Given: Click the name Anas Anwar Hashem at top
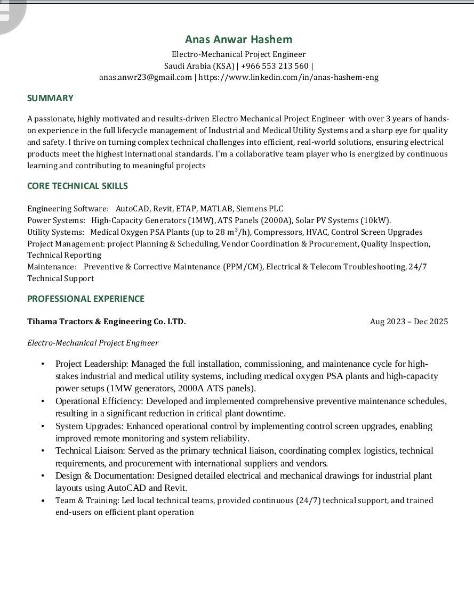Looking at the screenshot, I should click(238, 39).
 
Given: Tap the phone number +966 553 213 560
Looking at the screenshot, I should click(275, 66).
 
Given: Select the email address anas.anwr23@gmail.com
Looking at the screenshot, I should click(146, 77).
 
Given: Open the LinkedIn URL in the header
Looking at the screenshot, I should click(288, 77).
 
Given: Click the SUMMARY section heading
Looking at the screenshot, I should click(50, 98).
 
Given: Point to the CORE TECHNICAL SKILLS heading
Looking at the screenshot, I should click(77, 186).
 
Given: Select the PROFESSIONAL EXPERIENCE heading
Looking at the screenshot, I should click(86, 299).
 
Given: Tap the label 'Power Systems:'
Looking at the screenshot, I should click(56, 220).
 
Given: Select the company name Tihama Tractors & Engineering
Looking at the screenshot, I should click(106, 322).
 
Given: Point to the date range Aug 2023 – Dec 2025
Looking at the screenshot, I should click(409, 322).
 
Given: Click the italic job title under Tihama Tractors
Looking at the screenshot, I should click(93, 343).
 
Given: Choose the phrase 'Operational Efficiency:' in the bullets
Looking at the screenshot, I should click(99, 401).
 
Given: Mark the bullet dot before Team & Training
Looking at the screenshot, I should click(43, 501).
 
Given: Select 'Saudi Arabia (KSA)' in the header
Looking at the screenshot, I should click(199, 66).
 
